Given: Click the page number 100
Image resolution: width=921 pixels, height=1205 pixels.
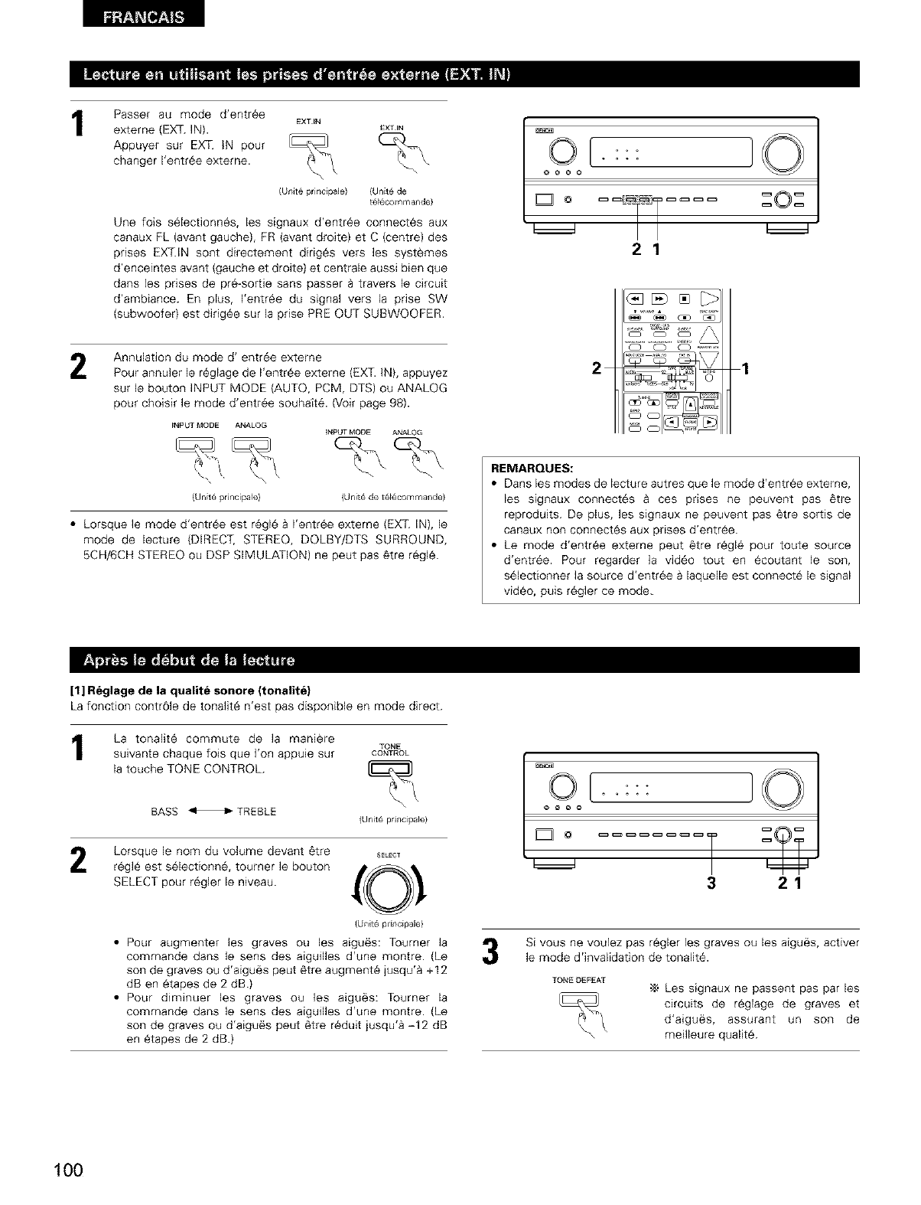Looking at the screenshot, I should click(67, 1172).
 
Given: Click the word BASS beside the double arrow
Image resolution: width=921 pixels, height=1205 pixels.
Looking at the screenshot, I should click(164, 811).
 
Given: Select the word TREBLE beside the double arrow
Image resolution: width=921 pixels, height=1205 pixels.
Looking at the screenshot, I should click(257, 811).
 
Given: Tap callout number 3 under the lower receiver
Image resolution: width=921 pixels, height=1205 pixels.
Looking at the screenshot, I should click(712, 883).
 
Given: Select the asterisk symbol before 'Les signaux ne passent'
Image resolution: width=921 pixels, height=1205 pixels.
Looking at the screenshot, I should click(653, 988).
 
